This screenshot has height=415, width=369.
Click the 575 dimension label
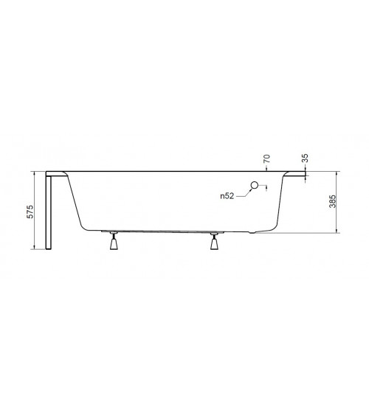[31, 212]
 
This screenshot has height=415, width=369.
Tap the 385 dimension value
[333, 201]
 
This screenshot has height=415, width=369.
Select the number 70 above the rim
[267, 158]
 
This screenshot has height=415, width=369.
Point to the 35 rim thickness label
[305, 158]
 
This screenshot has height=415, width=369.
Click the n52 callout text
[227, 196]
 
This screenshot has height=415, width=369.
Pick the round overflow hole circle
[255, 185]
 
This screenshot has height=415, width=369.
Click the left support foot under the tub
[114, 241]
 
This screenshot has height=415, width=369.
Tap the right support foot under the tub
[214, 241]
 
